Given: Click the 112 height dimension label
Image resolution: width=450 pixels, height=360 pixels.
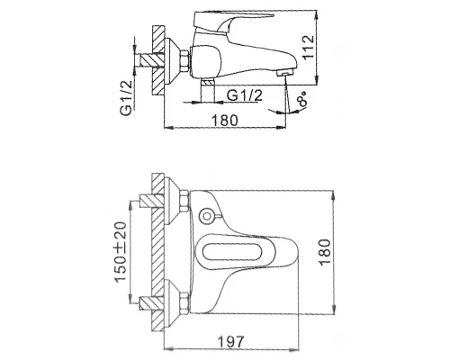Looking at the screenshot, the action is pyautogui.click(x=309, y=48).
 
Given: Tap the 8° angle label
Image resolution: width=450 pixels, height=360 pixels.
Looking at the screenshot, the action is pyautogui.click(x=302, y=99).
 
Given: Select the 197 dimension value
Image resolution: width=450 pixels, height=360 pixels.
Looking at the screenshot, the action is pyautogui.click(x=230, y=341).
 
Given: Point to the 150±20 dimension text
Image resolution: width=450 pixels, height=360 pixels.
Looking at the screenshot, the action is pyautogui.click(x=121, y=252).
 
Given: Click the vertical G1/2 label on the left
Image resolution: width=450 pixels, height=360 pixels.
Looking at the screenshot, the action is pyautogui.click(x=126, y=98).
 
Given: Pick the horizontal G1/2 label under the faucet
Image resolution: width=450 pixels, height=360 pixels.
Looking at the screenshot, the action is pyautogui.click(x=245, y=95).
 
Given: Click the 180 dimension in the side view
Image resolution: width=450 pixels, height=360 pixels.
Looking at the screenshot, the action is pyautogui.click(x=225, y=121).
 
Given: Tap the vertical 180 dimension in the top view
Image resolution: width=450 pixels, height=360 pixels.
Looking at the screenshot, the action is pyautogui.click(x=325, y=252).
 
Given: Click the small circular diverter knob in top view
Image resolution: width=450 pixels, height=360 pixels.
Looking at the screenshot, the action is pyautogui.click(x=206, y=216).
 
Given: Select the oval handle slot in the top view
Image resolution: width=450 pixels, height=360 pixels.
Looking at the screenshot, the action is pyautogui.click(x=231, y=252).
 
